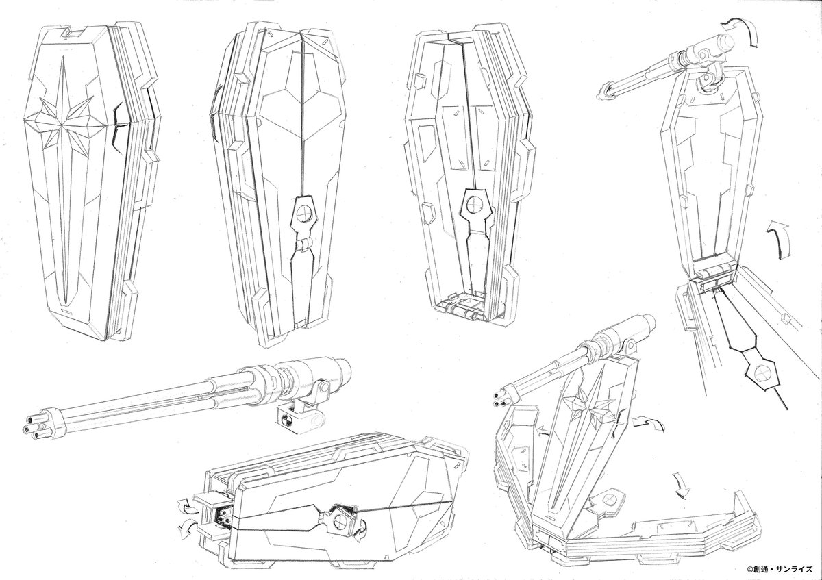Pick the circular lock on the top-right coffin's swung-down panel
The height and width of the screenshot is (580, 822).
coord(760,373)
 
